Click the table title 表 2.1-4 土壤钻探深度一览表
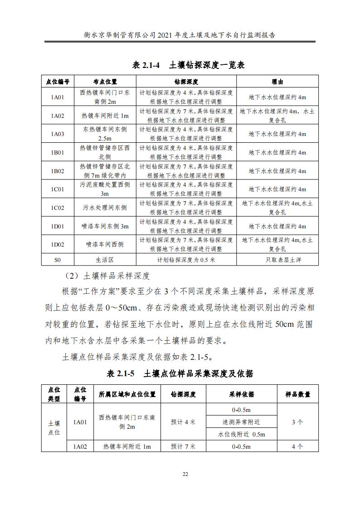tap(188, 65)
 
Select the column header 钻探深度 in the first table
tap(186, 82)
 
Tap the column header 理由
tap(277, 82)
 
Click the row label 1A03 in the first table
tap(58, 134)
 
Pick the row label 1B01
tap(58, 153)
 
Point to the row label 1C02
tap(58, 208)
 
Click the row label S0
tap(58, 260)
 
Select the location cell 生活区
tap(105, 260)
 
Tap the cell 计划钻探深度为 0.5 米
tap(186, 260)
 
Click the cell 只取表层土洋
tap(277, 260)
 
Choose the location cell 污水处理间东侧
tap(105, 208)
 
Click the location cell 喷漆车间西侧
tap(105, 245)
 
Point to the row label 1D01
tap(58, 227)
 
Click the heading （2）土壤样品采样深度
tap(107, 276)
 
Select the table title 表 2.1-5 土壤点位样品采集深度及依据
tap(180, 374)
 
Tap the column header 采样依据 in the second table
tap(241, 394)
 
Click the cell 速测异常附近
tap(241, 422)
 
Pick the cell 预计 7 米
tap(183, 446)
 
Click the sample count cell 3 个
tap(297, 422)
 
